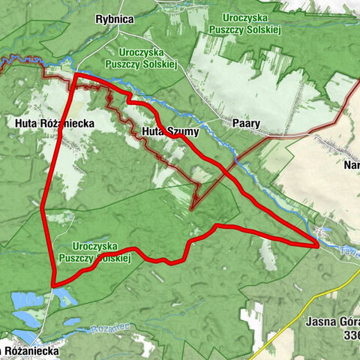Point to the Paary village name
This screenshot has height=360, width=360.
point(246,122)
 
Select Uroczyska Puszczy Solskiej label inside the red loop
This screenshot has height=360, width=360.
point(103,252)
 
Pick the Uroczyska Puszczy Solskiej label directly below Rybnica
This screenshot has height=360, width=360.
point(148,58)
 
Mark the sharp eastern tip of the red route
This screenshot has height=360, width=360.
point(318,244)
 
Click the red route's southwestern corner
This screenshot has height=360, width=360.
point(53,284)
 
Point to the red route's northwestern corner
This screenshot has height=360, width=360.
point(76,74)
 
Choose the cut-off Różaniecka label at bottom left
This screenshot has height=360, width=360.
point(30,350)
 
